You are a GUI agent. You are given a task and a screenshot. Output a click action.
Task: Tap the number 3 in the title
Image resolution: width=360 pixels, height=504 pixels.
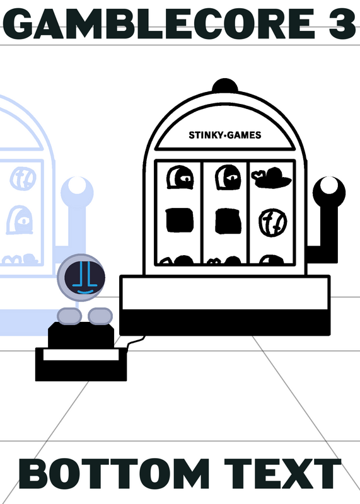click(x=342, y=24)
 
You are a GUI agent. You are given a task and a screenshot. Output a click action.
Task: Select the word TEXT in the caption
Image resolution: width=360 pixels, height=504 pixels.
click(x=282, y=474)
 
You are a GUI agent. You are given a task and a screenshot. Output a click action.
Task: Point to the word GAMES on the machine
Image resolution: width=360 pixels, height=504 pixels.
click(x=244, y=135)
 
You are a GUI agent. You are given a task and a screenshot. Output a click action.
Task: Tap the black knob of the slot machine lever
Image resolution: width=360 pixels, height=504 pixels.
click(x=329, y=193)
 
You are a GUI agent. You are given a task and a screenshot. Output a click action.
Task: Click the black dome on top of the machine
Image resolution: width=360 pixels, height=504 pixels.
click(x=225, y=85)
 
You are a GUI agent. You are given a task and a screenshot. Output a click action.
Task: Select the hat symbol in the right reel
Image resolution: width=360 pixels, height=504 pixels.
click(x=271, y=177)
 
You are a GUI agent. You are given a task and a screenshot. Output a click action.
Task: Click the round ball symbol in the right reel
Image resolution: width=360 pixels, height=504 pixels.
click(x=273, y=222)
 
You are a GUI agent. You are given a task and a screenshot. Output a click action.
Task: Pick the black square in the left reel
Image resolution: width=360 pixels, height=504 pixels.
click(x=180, y=220)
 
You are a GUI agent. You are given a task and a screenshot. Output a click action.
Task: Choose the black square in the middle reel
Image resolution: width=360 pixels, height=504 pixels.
click(x=228, y=221)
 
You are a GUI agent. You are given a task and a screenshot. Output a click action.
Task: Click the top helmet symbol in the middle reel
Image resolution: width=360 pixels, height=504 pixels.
click(x=228, y=177)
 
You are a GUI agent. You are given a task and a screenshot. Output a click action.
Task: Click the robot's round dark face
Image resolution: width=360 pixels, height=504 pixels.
click(x=84, y=277)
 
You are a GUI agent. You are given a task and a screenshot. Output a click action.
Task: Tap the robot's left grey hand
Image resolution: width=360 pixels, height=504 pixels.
click(x=69, y=316)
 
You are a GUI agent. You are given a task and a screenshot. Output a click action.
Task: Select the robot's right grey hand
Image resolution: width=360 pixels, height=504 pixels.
click(x=100, y=316)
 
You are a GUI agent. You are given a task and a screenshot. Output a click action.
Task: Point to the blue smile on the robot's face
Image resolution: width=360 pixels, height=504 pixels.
click(x=85, y=292)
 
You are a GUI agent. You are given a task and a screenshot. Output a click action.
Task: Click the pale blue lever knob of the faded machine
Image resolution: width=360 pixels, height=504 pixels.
click(x=77, y=192)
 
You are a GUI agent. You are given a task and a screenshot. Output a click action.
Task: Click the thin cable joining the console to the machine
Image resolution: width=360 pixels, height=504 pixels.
click(x=135, y=341)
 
